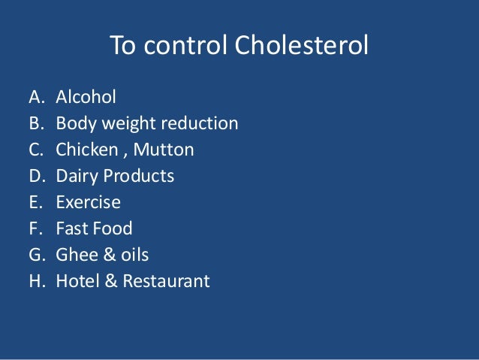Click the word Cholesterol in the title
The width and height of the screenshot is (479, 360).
[302, 47]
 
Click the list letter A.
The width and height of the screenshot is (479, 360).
[35, 97]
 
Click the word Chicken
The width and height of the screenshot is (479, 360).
[84, 150]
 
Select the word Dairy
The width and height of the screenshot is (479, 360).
[77, 176]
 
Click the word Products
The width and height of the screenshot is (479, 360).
[139, 176]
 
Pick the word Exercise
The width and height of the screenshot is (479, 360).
[88, 202]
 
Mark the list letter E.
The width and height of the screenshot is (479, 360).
[35, 202]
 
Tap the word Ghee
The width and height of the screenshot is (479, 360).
[74, 256]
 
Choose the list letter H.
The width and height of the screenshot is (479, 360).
[35, 282]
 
